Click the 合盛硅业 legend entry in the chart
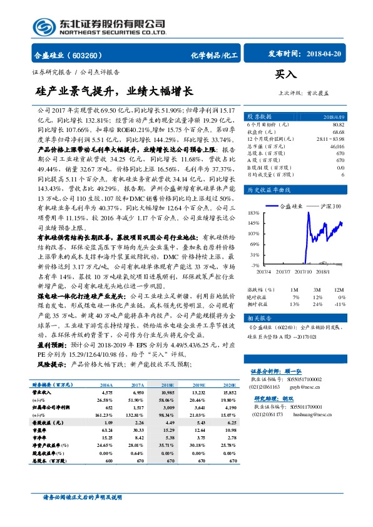[x=292, y=205]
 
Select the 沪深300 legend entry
[x=331, y=205]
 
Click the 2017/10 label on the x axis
[x=302, y=271]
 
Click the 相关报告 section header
[x=259, y=318]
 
